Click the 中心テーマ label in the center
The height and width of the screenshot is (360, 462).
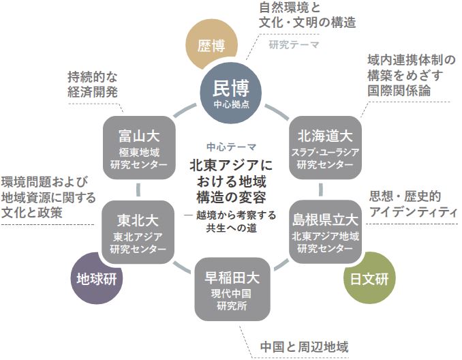231,146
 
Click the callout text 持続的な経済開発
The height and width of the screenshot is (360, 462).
93,82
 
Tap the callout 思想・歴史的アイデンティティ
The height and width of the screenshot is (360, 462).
412,204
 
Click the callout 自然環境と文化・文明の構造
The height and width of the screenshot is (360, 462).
307,15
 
